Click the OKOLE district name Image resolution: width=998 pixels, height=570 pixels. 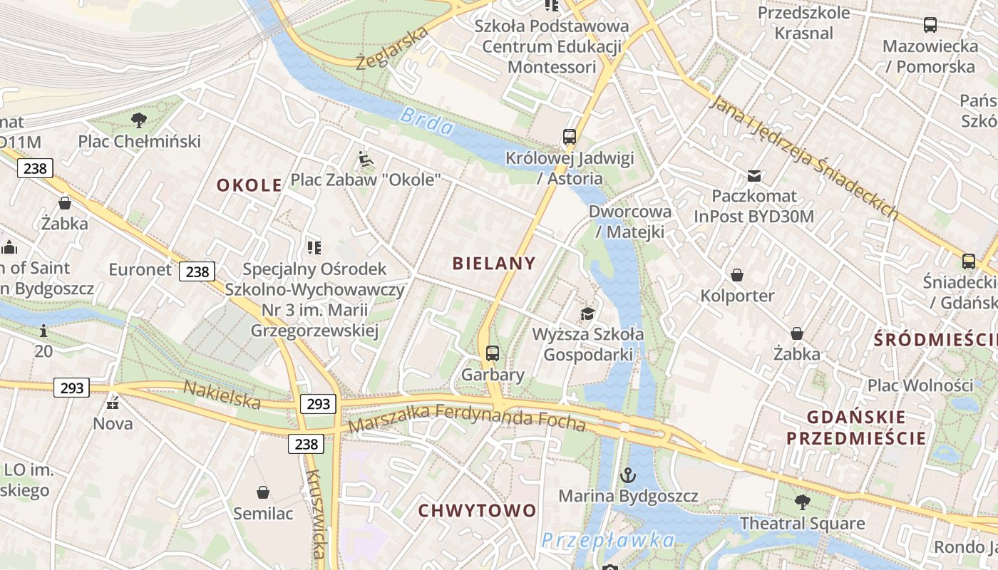click(249, 185)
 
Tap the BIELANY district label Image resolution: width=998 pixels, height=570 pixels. click(494, 264)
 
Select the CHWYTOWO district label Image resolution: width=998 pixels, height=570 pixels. click(477, 510)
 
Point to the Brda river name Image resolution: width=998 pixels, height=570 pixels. click(427, 120)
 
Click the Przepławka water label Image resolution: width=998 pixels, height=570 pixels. click(607, 540)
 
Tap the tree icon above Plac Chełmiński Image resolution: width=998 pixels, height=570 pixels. click(139, 120)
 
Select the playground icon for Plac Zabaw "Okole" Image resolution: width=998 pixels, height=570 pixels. click(366, 159)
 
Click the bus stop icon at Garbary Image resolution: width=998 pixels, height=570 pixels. click(492, 353)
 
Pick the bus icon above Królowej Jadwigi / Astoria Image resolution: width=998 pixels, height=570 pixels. click(569, 136)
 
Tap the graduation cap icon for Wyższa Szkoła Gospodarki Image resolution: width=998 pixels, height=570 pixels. click(587, 313)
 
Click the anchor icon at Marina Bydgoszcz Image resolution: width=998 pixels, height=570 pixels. click(627, 475)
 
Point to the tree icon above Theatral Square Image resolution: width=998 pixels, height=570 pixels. click(802, 502)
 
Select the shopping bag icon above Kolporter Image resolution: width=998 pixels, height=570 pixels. click(737, 274)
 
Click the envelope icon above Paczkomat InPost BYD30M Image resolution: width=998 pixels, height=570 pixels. click(753, 175)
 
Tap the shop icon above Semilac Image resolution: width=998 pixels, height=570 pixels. click(263, 492)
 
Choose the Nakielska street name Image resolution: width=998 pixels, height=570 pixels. click(222, 395)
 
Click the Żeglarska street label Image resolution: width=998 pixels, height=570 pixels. click(392, 47)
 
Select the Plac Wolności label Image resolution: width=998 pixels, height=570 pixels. click(920, 385)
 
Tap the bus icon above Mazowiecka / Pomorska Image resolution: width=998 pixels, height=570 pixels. click(930, 25)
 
